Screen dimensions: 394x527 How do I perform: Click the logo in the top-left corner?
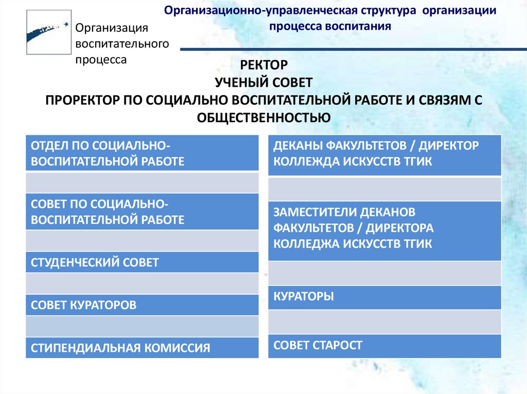[47, 31]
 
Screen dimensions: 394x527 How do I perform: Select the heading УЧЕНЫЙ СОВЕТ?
[263, 82]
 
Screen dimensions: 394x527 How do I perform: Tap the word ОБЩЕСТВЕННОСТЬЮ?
[263, 117]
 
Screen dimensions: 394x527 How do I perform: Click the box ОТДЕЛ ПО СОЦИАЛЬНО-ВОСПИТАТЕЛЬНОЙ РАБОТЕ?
[142, 153]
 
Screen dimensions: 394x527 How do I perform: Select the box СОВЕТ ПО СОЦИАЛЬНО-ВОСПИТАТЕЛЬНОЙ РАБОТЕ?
[142, 212]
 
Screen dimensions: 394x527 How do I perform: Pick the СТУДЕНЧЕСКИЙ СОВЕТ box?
[142, 262]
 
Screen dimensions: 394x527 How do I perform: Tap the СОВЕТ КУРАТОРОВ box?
[142, 305]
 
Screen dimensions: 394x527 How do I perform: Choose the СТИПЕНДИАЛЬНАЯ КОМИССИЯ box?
[142, 348]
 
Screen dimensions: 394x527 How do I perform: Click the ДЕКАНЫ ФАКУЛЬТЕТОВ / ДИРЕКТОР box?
[384, 153]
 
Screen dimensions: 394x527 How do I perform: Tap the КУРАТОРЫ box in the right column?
[384, 296]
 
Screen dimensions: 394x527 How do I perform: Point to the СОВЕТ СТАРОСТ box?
[384, 345]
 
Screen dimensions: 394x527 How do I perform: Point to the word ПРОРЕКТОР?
[80, 99]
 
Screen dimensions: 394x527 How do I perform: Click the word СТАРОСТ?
[337, 345]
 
